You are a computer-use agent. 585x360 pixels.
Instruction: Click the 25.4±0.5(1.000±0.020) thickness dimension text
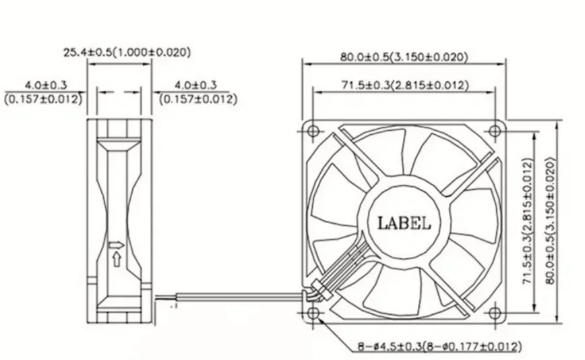(x=127, y=51)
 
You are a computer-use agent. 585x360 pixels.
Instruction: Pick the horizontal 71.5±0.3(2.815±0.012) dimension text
(x=404, y=85)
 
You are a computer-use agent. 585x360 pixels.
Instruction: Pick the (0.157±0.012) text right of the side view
(x=197, y=99)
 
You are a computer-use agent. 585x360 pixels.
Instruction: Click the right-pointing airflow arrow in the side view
(x=118, y=245)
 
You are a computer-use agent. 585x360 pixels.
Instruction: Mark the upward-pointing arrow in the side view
(x=116, y=258)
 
